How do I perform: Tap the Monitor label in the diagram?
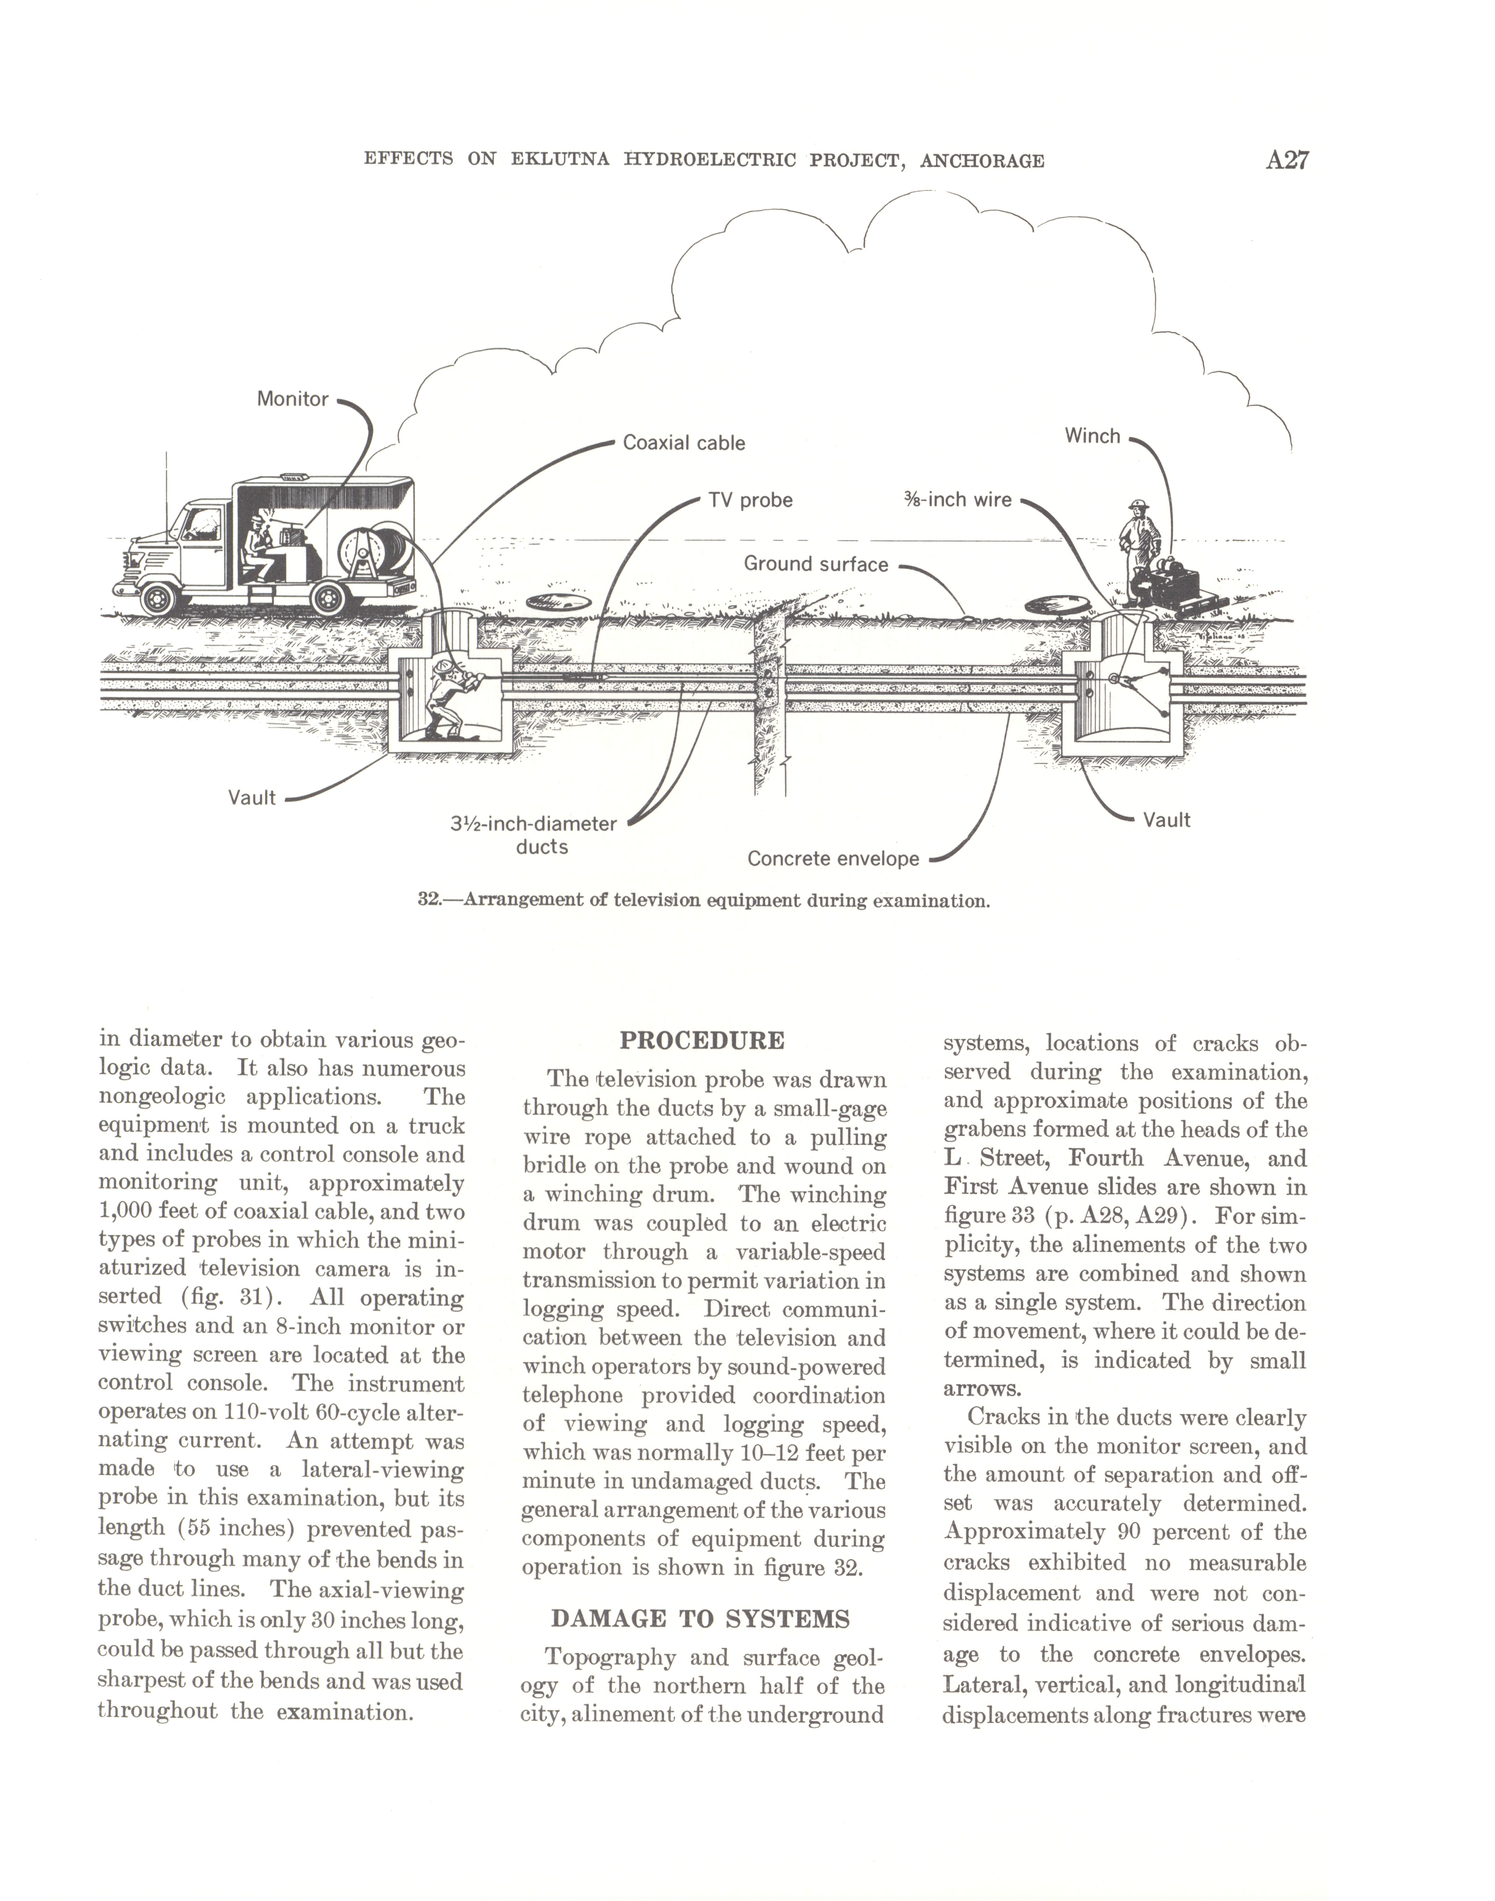(292, 399)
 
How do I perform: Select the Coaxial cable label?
(684, 443)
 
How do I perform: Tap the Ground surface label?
(816, 564)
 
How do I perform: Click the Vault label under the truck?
(252, 797)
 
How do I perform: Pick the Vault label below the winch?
(1167, 820)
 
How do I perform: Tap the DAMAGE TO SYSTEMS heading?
(700, 1619)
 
